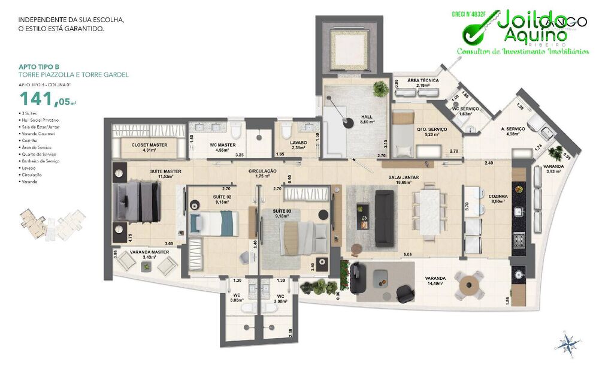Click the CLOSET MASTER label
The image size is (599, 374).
pos(149,144)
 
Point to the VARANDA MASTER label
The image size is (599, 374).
pos(146,252)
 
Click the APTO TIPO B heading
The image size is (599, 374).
pos(38,67)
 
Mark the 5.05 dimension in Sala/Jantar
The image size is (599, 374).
pos(408,255)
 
